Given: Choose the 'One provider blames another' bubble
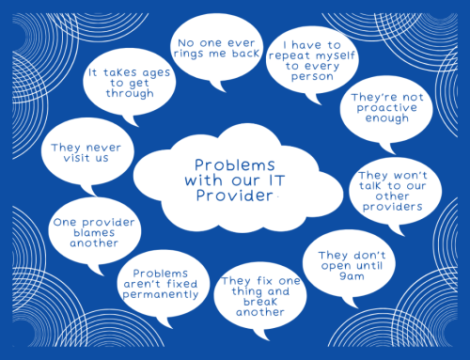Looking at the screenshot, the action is tap(86, 229).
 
